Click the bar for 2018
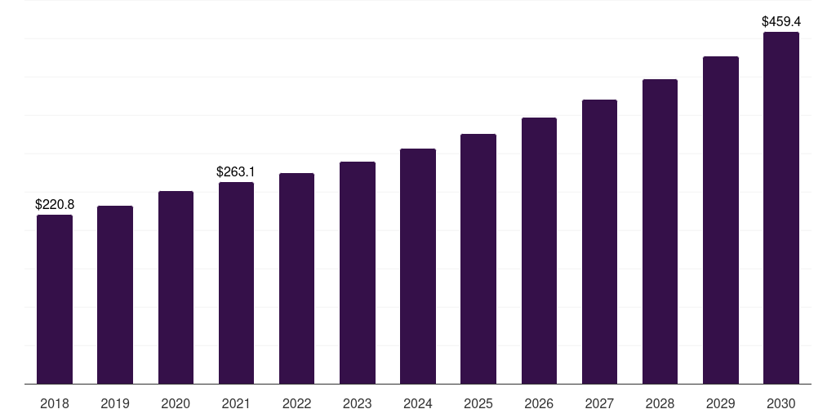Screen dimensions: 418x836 [55, 299]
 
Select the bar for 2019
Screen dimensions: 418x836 [115, 295]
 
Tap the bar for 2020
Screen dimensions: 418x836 [176, 287]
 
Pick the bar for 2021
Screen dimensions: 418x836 [236, 282]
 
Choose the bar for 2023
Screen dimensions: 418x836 [358, 273]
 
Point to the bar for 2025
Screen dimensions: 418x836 [478, 259]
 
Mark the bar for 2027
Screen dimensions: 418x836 [599, 242]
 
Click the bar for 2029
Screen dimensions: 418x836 [720, 220]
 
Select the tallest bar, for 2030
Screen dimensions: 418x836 [780, 207]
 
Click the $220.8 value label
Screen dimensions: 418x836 [55, 204]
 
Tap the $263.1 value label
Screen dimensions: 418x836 [236, 171]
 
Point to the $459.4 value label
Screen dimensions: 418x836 [780, 21]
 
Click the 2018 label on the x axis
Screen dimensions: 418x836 [55, 403]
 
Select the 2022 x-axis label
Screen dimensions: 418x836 [296, 403]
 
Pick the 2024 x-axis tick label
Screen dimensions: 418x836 [418, 403]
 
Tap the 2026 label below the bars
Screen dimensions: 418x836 [539, 403]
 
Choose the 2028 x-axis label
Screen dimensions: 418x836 [660, 403]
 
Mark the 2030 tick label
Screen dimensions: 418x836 [780, 403]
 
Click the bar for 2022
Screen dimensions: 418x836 [296, 278]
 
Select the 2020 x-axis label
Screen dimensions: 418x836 [176, 403]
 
